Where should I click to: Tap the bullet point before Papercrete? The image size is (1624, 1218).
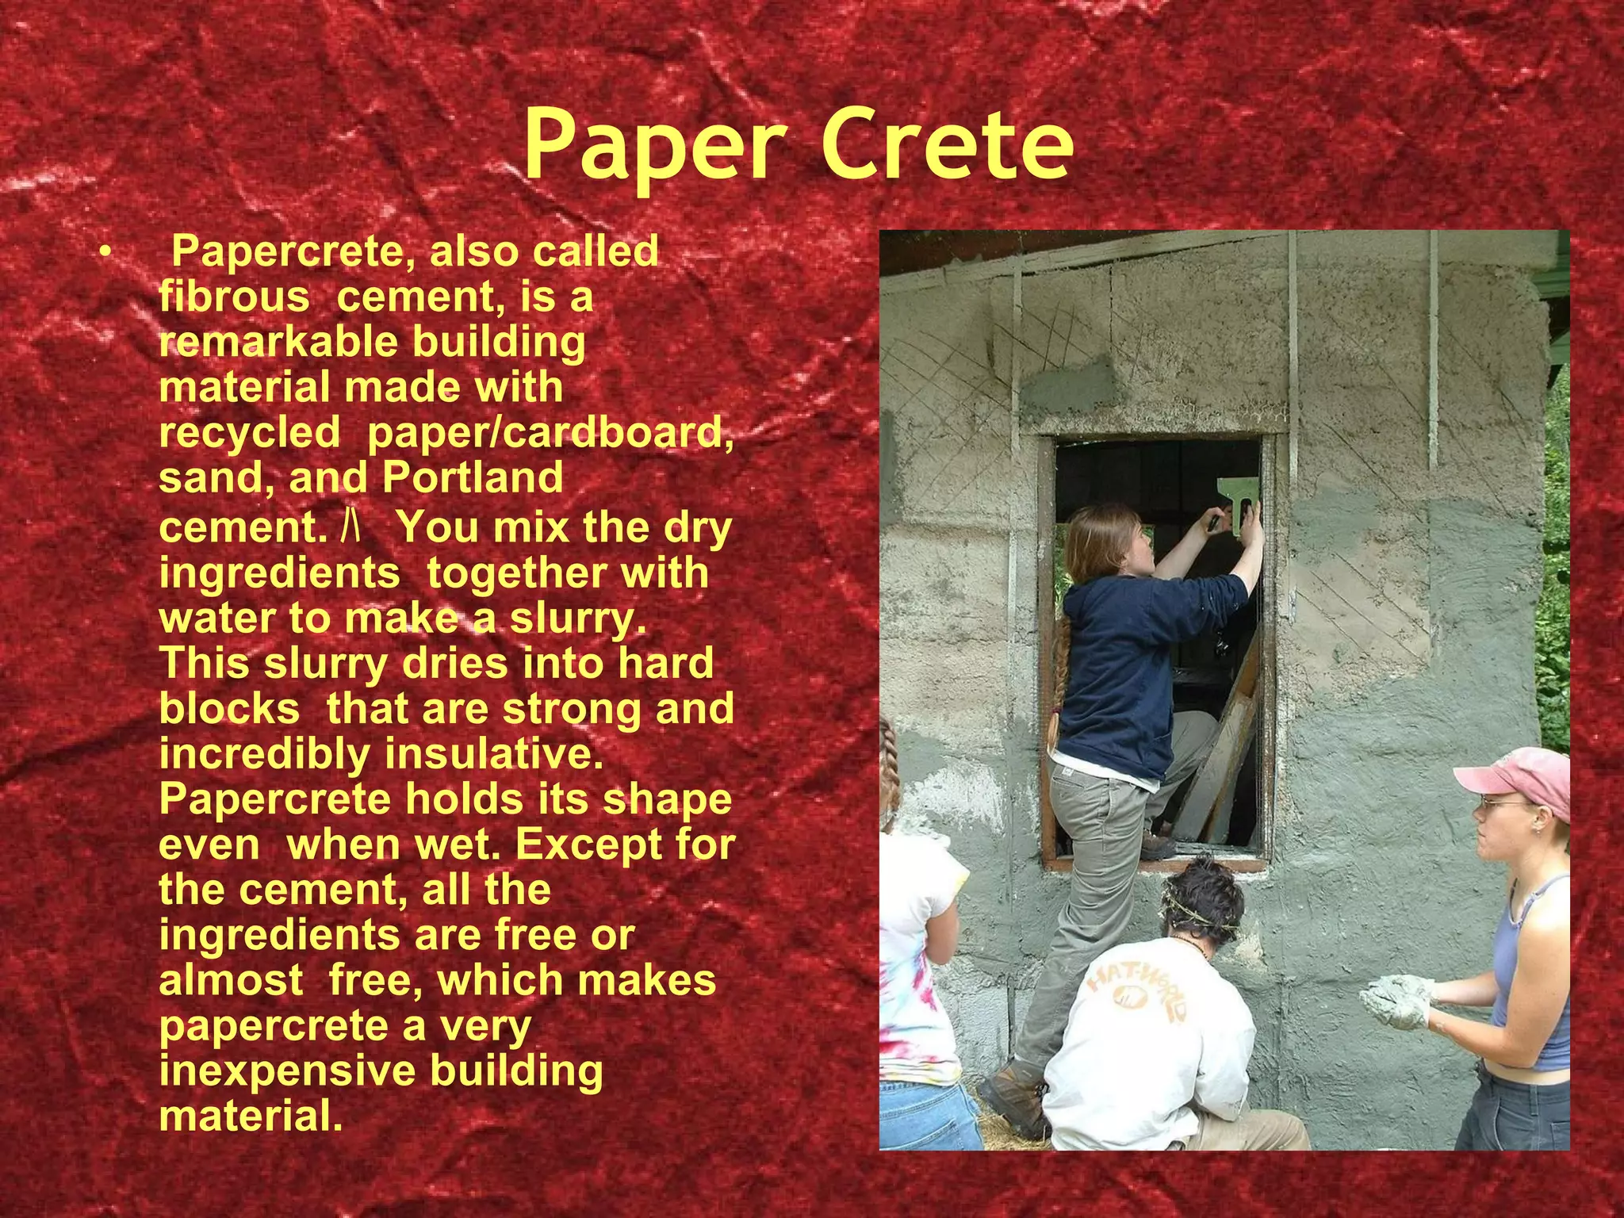104,253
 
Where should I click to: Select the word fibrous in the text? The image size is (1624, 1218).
234,297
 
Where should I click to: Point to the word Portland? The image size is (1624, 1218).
473,478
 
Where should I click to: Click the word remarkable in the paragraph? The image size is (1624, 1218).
278,342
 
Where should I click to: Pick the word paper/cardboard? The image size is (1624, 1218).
550,433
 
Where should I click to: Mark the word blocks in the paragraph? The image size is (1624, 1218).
230,708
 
